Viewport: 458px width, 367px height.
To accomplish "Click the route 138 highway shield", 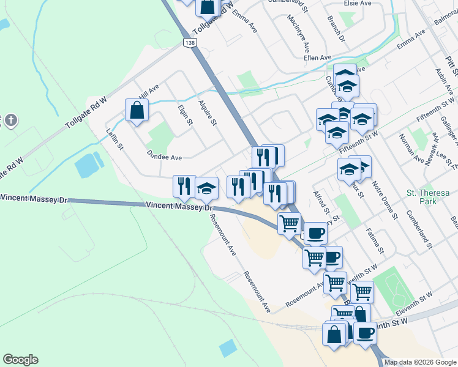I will click(x=190, y=41).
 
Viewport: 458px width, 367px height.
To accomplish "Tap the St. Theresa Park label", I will click(x=428, y=197).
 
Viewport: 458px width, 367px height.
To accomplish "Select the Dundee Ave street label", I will click(x=164, y=157).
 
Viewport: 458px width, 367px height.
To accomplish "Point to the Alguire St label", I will click(x=207, y=113).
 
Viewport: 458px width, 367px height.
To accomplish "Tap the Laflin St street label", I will click(x=115, y=139).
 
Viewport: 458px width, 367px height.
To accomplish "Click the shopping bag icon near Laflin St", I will click(x=137, y=110).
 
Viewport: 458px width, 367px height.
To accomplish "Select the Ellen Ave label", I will click(x=318, y=57).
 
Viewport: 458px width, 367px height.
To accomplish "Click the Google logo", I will click(x=20, y=360).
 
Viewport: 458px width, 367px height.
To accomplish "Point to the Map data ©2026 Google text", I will click(x=420, y=362).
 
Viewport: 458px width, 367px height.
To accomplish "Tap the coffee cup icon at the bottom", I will click(x=366, y=333).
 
